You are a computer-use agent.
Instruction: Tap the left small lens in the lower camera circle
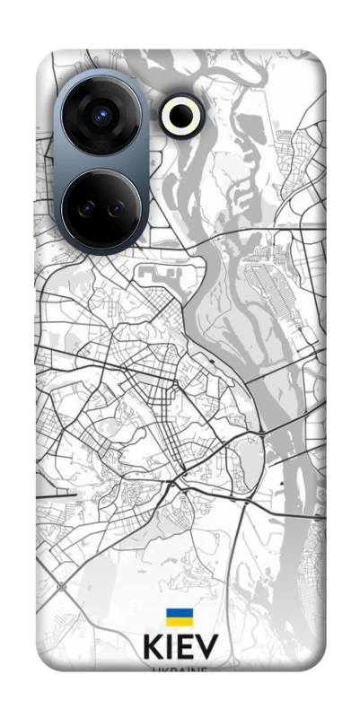86,207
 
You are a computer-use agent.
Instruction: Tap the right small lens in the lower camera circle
116,207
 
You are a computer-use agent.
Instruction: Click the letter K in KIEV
152,647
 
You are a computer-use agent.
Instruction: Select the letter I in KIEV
170,647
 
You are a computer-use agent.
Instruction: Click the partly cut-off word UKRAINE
180,670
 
